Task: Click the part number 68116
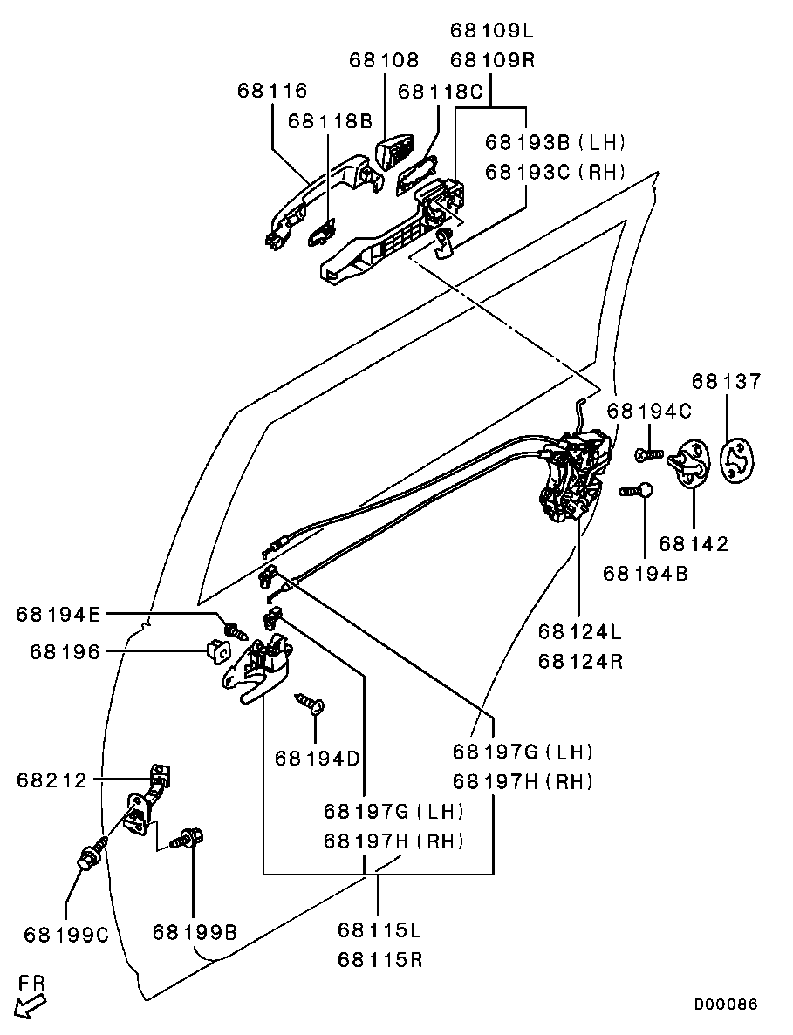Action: [273, 91]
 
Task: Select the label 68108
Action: [384, 60]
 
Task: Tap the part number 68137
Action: [727, 381]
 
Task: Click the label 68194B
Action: [645, 573]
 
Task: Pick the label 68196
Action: [65, 652]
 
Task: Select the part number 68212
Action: [52, 780]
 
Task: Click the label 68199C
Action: [66, 935]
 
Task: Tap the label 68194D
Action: [317, 759]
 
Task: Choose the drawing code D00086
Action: [725, 1004]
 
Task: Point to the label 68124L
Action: [580, 631]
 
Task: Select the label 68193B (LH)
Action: [556, 142]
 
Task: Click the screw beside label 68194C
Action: [649, 454]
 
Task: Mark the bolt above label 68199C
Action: [92, 855]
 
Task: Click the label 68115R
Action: [379, 959]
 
